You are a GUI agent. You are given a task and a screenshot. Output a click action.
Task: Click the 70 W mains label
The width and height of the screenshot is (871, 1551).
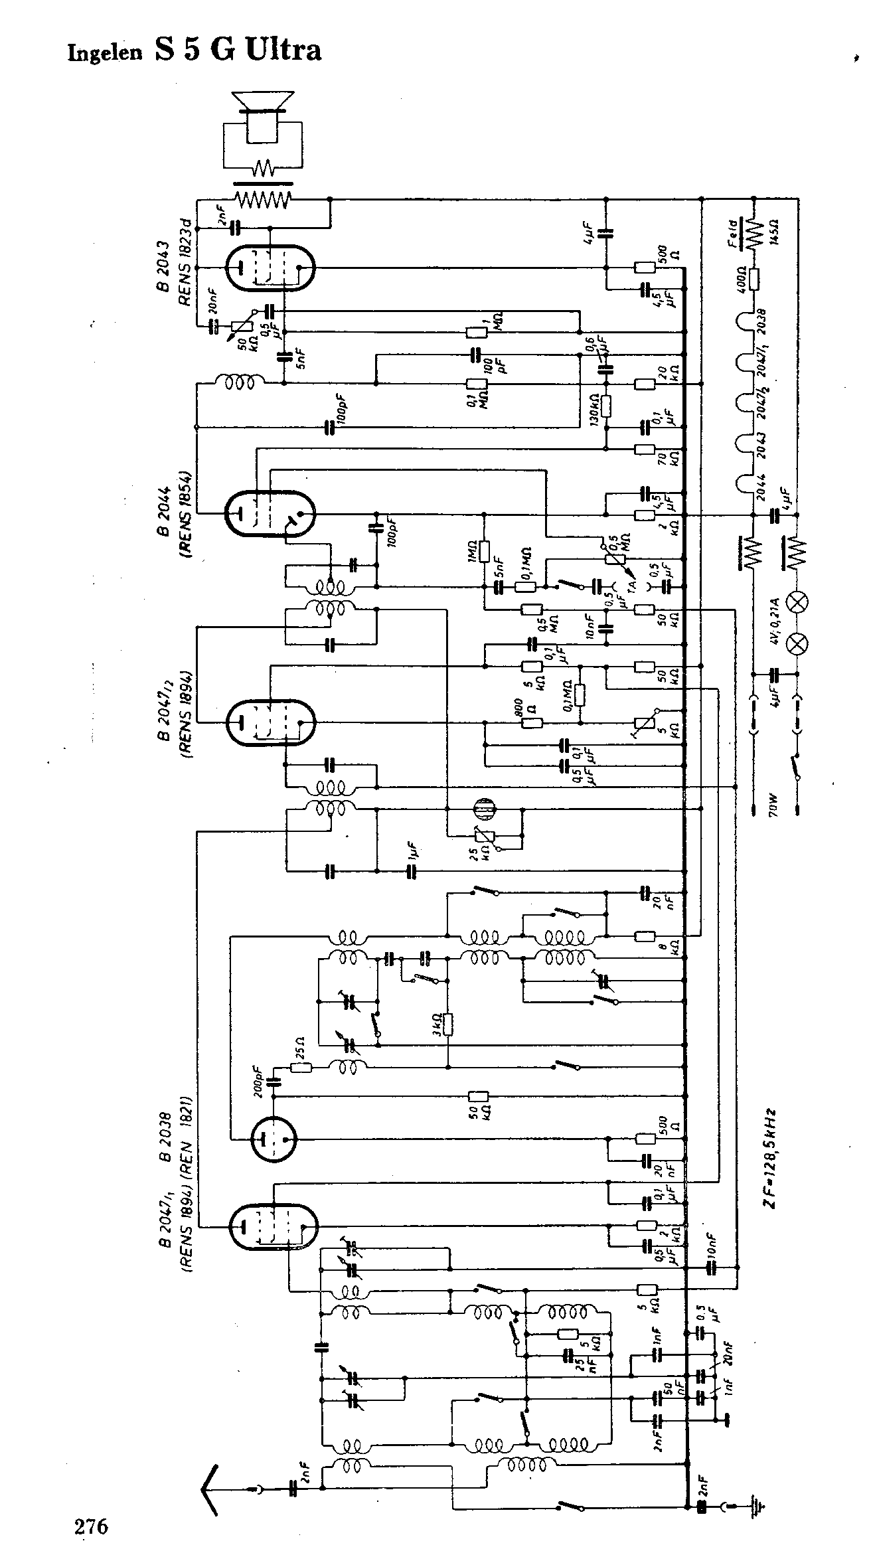[775, 804]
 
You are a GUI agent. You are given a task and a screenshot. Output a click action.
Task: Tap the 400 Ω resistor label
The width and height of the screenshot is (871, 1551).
[741, 280]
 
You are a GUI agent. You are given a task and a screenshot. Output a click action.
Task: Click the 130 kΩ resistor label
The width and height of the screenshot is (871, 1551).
[595, 409]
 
